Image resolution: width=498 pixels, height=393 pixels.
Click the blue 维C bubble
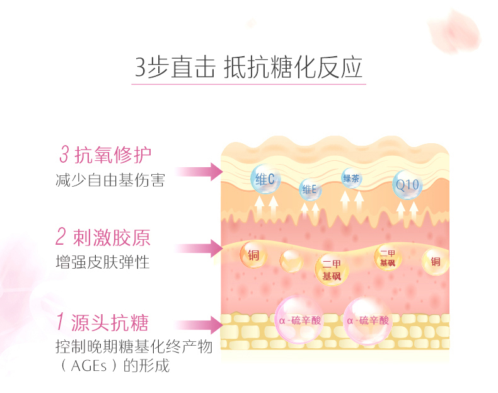[x=265, y=179]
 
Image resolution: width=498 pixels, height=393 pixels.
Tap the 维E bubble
[x=310, y=189]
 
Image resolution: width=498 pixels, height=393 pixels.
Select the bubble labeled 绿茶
[x=352, y=178]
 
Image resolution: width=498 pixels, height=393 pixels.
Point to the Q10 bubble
[x=407, y=185]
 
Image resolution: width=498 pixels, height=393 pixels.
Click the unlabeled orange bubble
[x=291, y=261]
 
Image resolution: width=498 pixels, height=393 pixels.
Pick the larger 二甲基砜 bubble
[x=332, y=270]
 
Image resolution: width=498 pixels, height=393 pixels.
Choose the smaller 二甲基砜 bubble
[x=388, y=257]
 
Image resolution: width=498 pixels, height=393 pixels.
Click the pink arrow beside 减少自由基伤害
[x=199, y=172]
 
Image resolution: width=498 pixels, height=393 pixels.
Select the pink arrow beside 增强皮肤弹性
[x=199, y=248]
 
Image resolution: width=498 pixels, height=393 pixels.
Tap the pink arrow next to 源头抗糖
[x=199, y=325]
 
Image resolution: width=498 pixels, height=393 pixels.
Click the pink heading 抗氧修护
[x=113, y=155]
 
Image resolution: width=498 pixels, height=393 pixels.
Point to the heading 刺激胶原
[x=112, y=237]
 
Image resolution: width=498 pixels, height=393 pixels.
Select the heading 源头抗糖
[x=110, y=322]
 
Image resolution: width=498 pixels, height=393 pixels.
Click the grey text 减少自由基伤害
[x=110, y=180]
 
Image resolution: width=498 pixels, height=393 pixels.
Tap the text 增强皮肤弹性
[x=103, y=262]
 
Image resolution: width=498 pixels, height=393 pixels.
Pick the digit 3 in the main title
[x=140, y=67]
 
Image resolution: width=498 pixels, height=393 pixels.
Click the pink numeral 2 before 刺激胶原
[x=61, y=237]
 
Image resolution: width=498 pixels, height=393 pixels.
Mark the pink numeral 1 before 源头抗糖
[x=61, y=321]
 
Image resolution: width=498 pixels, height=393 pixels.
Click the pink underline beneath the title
[x=248, y=84]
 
